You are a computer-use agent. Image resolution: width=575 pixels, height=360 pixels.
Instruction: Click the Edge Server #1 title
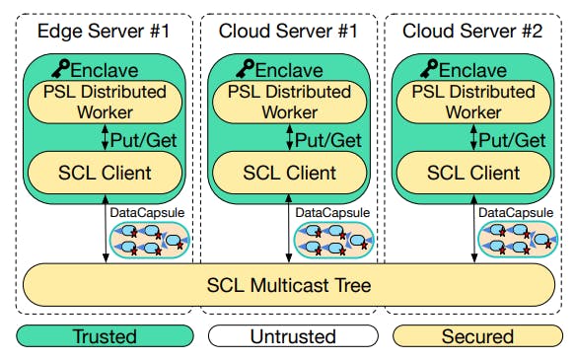(104, 30)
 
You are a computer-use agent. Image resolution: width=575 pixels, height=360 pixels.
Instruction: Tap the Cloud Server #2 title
(473, 30)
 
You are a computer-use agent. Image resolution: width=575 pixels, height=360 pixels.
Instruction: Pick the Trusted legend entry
(105, 336)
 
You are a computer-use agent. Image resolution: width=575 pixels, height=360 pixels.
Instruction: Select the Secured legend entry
(477, 336)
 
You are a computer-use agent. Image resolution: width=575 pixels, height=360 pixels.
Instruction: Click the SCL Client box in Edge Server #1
(105, 173)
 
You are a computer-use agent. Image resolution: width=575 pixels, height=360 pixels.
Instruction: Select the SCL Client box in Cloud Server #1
(289, 173)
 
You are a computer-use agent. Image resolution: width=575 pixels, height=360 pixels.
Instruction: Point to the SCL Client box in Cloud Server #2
(473, 173)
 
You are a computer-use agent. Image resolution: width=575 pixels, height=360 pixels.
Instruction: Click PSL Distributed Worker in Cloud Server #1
(289, 102)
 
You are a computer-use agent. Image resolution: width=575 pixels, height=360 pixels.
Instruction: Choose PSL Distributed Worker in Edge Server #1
(105, 102)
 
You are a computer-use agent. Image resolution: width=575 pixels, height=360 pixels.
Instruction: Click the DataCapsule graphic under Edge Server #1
(149, 240)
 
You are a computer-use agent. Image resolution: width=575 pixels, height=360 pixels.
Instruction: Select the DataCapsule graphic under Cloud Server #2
(517, 240)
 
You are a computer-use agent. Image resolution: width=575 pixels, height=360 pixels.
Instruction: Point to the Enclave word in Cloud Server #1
(297, 70)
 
